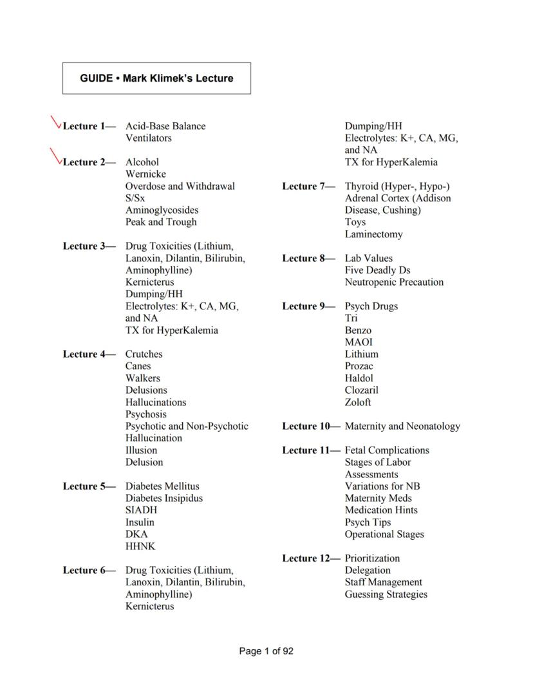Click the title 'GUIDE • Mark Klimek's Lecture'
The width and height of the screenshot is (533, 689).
click(x=156, y=78)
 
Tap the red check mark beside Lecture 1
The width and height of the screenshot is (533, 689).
click(x=57, y=122)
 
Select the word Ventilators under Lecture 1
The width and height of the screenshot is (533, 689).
click(x=148, y=138)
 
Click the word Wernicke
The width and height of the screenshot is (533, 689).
click(x=145, y=174)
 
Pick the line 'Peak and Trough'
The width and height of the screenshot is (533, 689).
click(x=161, y=223)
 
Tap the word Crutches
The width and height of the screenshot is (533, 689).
click(x=144, y=354)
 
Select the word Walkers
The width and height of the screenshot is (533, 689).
click(x=143, y=378)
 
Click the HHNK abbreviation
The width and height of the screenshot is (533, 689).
click(x=140, y=546)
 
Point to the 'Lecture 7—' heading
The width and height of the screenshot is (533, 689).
click(x=309, y=187)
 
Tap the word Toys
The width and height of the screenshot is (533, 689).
click(x=355, y=223)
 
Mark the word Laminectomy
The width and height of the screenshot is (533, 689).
click(x=373, y=235)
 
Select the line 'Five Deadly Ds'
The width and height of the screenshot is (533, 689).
click(x=377, y=270)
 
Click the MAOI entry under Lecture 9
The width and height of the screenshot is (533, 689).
click(x=359, y=342)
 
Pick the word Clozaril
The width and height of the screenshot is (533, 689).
click(x=361, y=390)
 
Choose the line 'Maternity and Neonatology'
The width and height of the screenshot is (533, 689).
click(x=402, y=427)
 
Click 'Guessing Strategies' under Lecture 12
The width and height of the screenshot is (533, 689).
click(x=386, y=594)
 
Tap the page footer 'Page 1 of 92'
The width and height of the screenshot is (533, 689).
click(x=266, y=651)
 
